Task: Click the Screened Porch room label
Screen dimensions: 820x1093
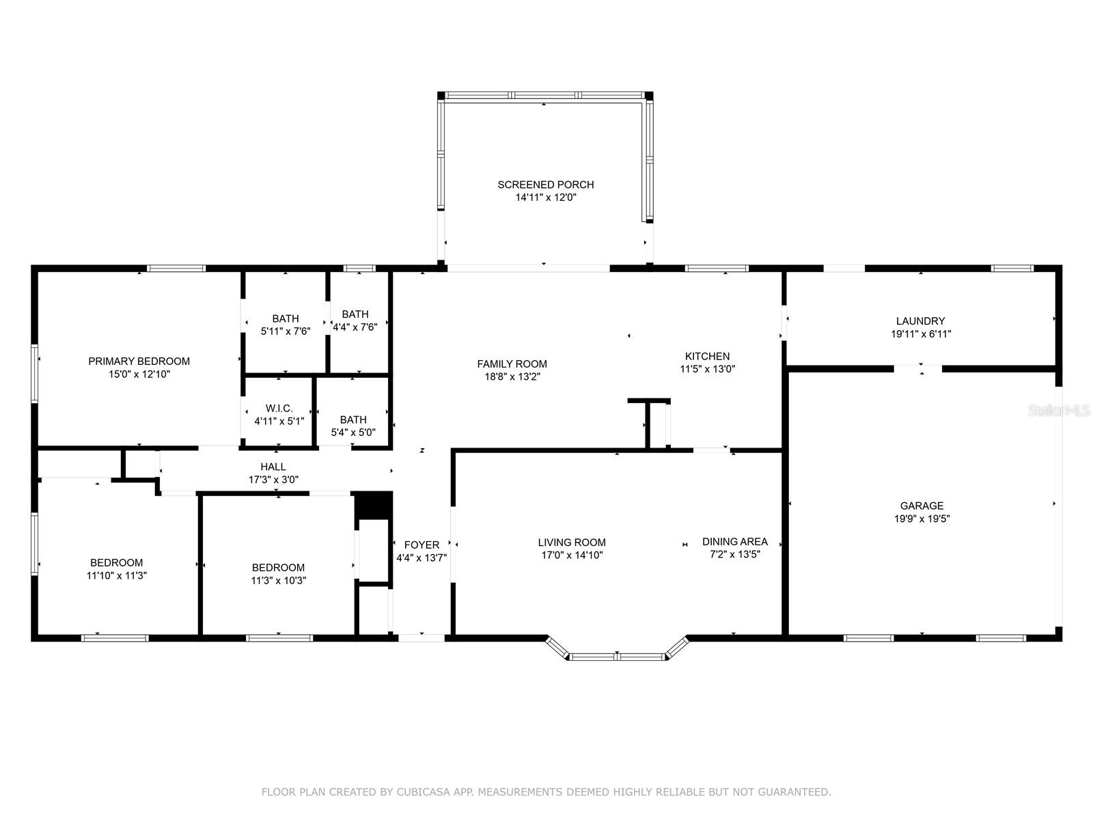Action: click(x=545, y=184)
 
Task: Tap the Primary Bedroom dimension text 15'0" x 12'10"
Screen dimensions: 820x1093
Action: click(x=139, y=374)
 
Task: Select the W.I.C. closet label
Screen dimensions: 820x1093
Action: click(x=279, y=409)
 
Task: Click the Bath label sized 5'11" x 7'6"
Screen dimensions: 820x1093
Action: click(x=285, y=318)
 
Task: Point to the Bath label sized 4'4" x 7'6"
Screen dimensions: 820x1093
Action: click(x=355, y=314)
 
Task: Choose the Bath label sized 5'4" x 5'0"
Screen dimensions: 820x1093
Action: click(x=353, y=420)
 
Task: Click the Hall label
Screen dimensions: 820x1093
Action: click(x=273, y=467)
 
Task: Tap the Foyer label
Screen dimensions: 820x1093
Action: click(x=421, y=545)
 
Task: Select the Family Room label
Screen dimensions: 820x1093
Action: click(x=512, y=364)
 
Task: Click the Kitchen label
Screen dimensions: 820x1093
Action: click(x=707, y=356)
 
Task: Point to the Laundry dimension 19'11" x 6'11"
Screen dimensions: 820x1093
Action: click(x=921, y=334)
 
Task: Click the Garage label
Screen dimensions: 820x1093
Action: click(x=922, y=506)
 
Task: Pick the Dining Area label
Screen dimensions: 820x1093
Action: click(x=734, y=542)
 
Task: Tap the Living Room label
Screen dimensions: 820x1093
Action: click(x=572, y=543)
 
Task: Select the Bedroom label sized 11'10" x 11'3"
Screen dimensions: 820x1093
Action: click(x=116, y=562)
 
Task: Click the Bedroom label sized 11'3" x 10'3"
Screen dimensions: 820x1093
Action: click(x=278, y=567)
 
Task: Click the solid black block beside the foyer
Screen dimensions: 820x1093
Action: click(x=373, y=505)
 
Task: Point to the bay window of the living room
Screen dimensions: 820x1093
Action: click(x=617, y=656)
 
